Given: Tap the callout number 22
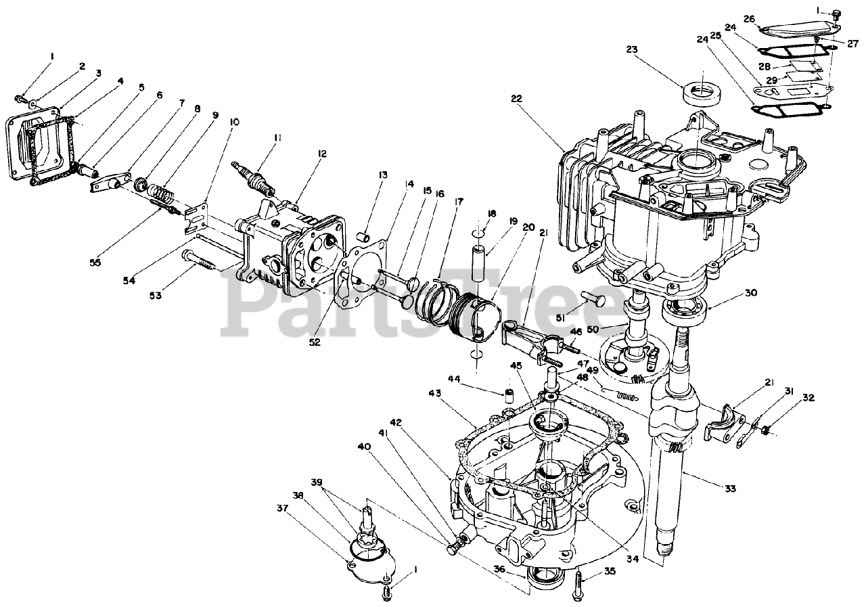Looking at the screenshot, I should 517,98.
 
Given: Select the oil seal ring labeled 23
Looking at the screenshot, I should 701,93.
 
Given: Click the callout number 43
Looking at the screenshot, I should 434,392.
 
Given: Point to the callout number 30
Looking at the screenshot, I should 751,293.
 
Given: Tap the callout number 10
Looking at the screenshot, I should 234,122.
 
